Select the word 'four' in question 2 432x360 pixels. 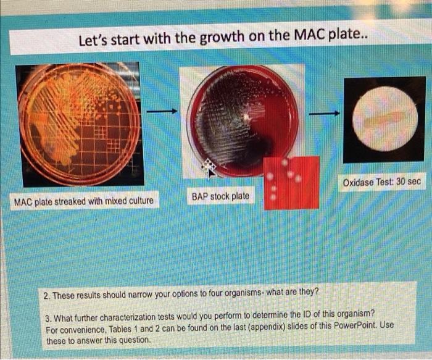coord(238,291)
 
